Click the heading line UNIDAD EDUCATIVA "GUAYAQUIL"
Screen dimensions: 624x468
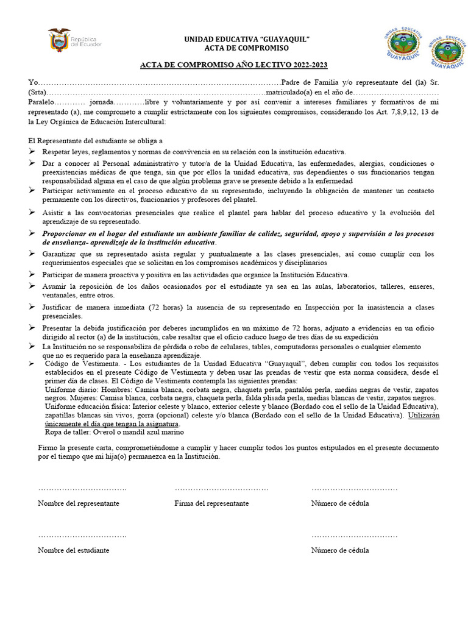click(247, 39)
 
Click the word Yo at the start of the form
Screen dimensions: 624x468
click(33, 82)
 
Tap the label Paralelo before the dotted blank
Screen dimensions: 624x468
click(41, 102)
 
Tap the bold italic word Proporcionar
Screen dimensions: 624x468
click(66, 234)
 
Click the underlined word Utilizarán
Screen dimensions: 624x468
click(424, 415)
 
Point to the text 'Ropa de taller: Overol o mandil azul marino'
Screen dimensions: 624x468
click(116, 432)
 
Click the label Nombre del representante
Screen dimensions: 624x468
click(79, 503)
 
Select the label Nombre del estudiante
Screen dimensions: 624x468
click(74, 550)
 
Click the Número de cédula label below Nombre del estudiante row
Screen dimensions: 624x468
click(340, 550)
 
